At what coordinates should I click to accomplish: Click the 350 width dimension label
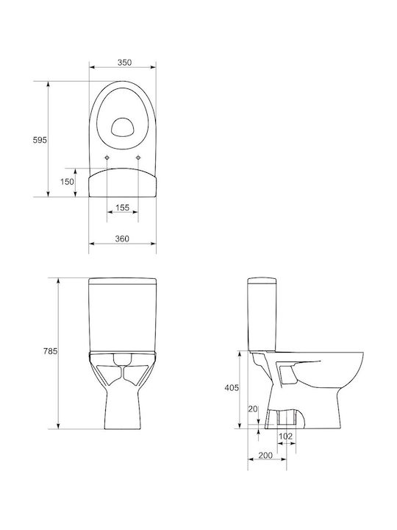point(124,63)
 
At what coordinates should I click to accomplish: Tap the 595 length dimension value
point(40,140)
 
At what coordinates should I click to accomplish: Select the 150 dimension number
point(67,182)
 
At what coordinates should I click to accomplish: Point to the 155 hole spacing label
point(122,208)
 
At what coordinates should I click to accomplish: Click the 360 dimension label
point(122,239)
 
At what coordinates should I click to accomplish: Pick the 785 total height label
point(50,351)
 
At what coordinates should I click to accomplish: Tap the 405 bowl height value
point(232,388)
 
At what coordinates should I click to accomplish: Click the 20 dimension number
point(253,409)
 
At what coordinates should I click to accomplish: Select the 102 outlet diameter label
point(285,437)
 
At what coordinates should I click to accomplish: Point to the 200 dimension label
point(265,456)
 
